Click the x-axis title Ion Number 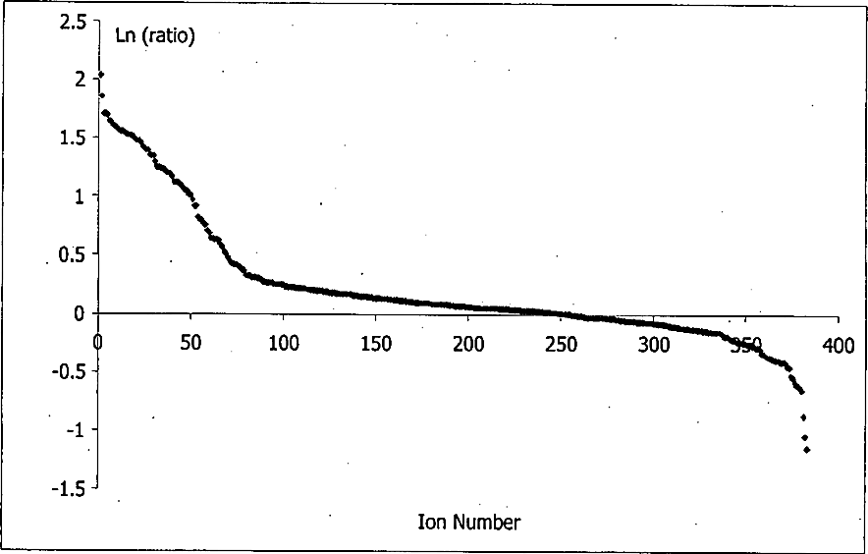[x=469, y=522]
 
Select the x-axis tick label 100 [x=283, y=344]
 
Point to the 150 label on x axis [x=376, y=344]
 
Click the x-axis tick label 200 [x=468, y=344]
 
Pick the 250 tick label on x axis [x=561, y=344]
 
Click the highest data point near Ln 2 [x=100, y=75]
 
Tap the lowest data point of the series [x=806, y=450]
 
